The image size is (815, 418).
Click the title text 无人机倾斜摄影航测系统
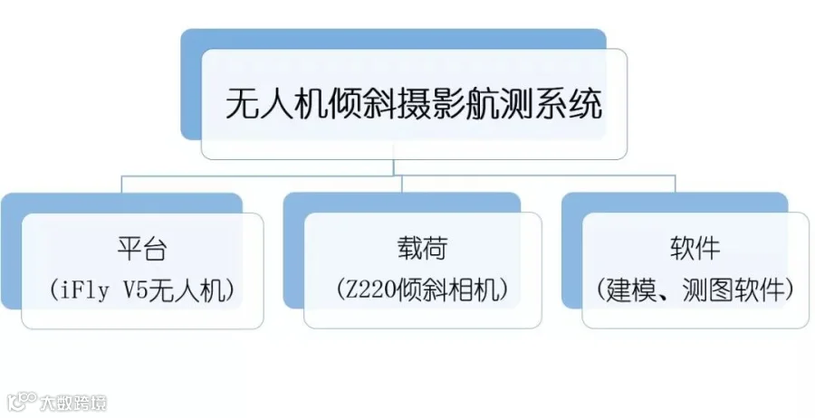pyautogui.click(x=414, y=105)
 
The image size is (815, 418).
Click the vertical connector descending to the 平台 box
pyautogui.click(x=122, y=184)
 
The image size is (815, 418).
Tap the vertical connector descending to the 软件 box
pyautogui.click(x=675, y=184)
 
